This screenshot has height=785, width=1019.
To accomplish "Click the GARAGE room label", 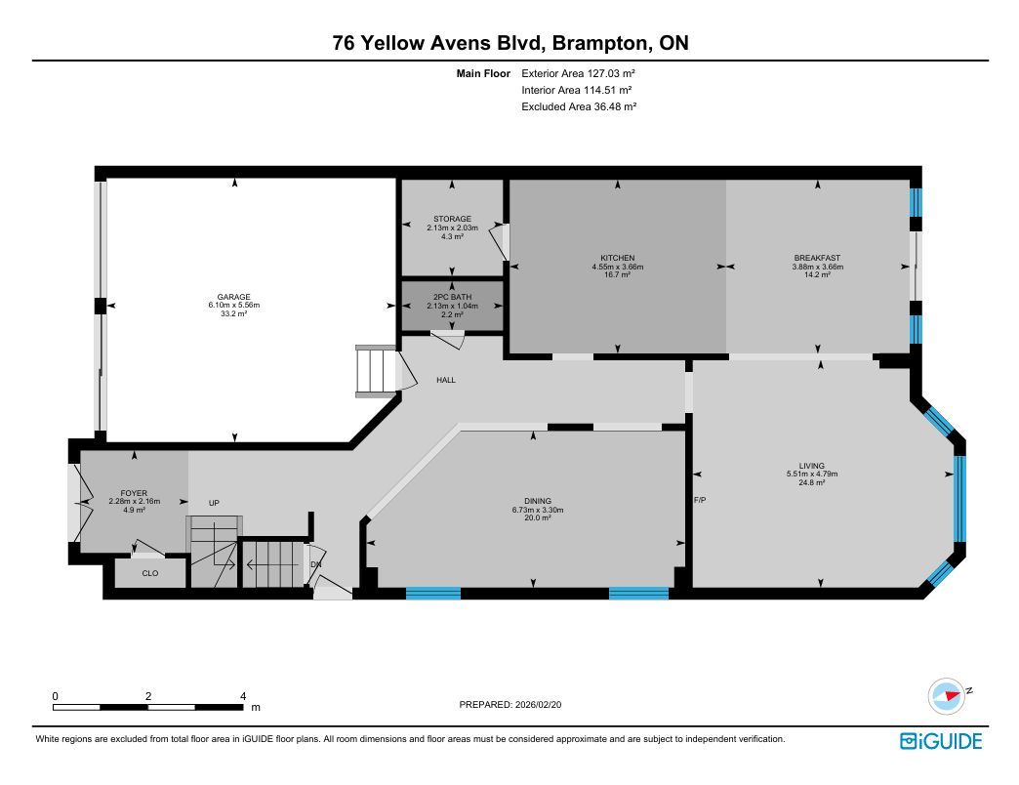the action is (x=234, y=297).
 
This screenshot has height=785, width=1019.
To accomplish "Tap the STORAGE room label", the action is (x=452, y=219).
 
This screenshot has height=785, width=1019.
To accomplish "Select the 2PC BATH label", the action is (x=452, y=297).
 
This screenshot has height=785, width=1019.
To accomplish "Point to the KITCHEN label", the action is (x=618, y=258).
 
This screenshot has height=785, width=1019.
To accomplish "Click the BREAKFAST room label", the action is (x=818, y=258).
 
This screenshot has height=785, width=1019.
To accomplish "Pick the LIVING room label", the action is (x=812, y=466).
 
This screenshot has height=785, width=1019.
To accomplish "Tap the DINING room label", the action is (x=538, y=501).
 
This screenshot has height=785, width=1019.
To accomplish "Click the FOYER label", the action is (x=134, y=493).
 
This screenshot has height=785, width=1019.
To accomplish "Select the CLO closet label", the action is (x=150, y=573).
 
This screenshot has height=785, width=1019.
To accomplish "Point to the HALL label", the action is (x=446, y=380).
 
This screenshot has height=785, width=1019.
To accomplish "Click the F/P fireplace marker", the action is (x=700, y=500).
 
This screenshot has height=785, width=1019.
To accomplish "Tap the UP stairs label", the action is (x=214, y=503).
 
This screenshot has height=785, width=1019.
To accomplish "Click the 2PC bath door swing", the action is (x=448, y=339).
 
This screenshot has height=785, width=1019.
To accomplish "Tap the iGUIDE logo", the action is (x=941, y=741).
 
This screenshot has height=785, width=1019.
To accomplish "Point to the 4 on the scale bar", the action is (x=243, y=696).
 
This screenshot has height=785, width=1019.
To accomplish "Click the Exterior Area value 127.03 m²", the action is (x=611, y=73).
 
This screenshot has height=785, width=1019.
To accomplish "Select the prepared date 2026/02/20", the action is (x=538, y=704).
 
